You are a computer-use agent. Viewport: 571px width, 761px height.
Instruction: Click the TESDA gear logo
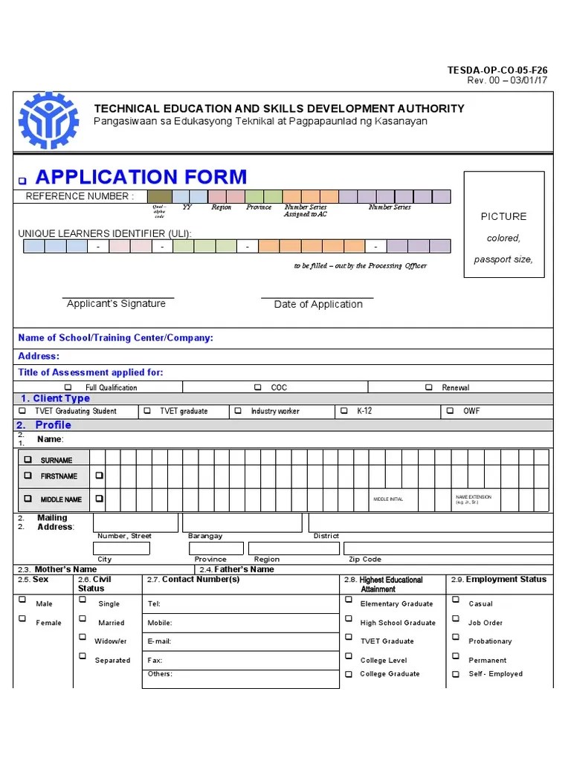(48, 120)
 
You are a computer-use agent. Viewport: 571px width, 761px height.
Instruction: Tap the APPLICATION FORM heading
(141, 177)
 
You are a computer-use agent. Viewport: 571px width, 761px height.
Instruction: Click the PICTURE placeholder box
(503, 224)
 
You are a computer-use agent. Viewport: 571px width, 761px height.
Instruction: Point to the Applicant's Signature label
(116, 303)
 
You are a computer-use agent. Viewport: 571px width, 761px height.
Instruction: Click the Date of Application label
(318, 304)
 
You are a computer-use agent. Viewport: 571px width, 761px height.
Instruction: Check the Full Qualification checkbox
(68, 387)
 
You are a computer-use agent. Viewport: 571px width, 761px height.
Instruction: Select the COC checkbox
(258, 387)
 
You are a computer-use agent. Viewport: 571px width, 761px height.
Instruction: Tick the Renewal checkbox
(429, 387)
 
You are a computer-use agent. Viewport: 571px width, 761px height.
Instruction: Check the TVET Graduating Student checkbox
(22, 410)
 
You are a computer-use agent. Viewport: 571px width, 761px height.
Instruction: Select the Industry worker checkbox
(238, 410)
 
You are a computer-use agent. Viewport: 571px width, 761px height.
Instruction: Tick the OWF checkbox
(451, 410)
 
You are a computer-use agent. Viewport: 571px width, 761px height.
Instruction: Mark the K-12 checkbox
(343, 410)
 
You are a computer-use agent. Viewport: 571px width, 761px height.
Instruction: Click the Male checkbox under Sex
(22, 600)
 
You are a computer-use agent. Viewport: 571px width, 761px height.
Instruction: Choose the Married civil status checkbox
(82, 619)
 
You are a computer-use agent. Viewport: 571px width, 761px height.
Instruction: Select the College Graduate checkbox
(348, 675)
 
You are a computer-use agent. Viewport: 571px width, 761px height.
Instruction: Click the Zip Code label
(365, 559)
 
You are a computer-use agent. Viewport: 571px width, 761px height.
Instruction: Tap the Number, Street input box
(135, 522)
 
